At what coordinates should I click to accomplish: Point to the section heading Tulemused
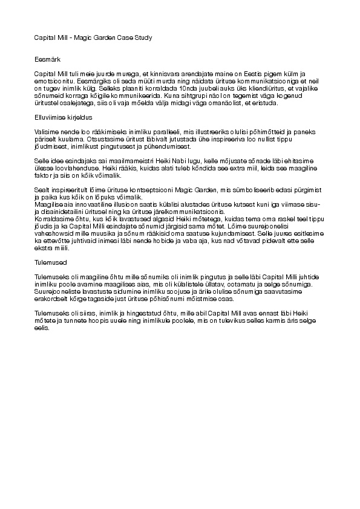pos(49,263)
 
